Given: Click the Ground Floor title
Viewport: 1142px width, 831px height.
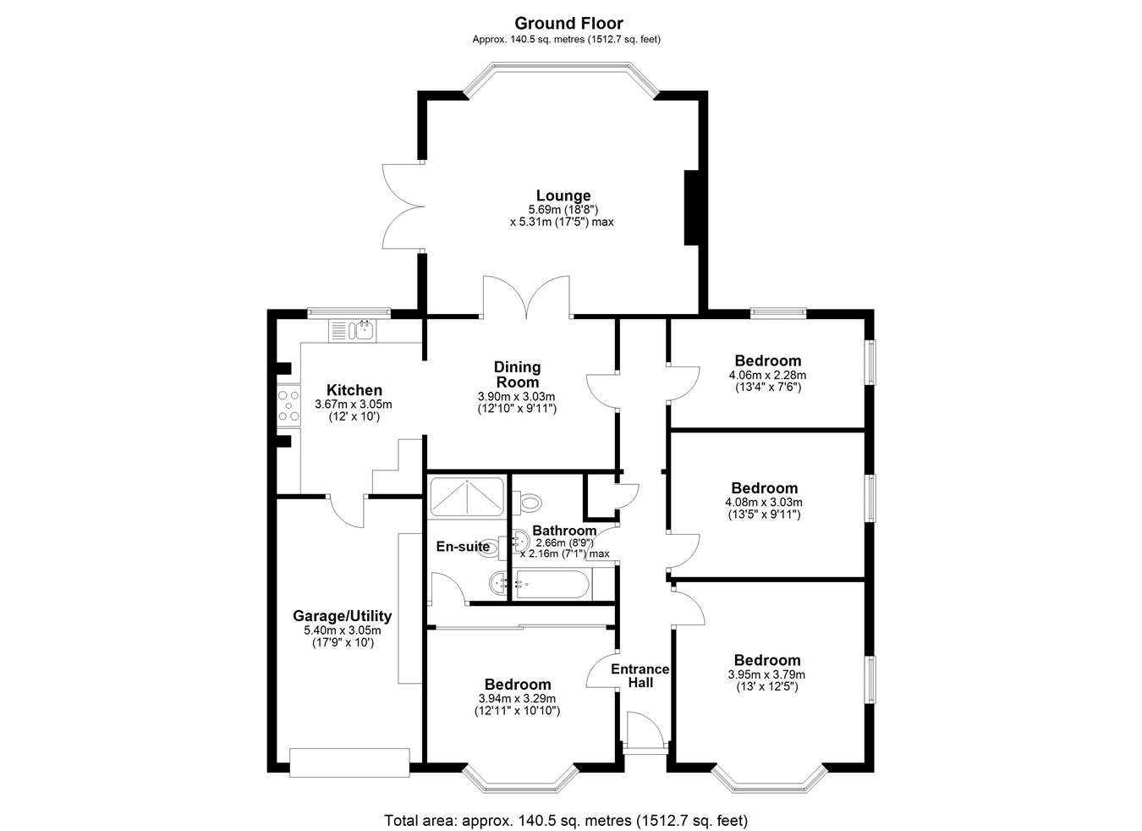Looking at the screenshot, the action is coord(568,24).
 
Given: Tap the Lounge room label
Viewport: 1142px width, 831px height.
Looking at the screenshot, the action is coord(563,195).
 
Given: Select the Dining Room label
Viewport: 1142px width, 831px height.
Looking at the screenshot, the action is coord(517,374).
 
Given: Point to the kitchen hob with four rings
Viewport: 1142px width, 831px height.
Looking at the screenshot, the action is coord(288,405).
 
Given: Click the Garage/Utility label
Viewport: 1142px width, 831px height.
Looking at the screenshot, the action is coord(342,616).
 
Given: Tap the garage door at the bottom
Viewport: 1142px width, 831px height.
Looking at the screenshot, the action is coord(349,762).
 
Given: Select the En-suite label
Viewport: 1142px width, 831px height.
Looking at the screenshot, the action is coord(463,547).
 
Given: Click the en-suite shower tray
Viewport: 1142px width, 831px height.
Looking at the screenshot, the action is coord(466,497).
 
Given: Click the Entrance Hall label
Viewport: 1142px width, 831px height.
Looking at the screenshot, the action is coord(640,675).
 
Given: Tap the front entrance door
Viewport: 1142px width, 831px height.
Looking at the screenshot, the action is coord(645,733).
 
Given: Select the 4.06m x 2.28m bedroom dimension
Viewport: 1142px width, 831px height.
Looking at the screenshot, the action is coord(768,376).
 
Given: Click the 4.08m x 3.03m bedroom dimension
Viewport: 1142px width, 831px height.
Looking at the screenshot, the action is coord(764,503).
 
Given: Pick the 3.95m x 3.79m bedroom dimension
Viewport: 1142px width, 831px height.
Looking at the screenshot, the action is coord(766,674).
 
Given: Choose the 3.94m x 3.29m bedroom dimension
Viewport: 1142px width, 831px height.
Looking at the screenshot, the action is coord(518,698).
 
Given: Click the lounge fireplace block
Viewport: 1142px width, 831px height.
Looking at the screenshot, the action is coord(691,207).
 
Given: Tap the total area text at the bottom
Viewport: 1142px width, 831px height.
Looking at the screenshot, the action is coord(566,807).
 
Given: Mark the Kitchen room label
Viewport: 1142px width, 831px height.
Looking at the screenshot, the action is coord(354,390).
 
